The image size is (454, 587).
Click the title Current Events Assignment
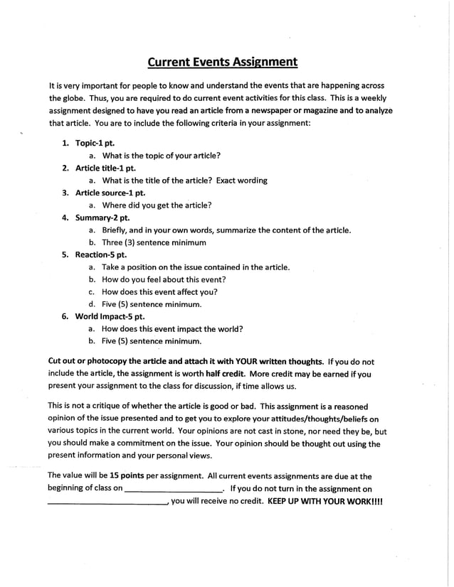(222, 62)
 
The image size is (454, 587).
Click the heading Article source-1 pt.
(110, 193)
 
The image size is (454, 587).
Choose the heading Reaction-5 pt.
(101, 254)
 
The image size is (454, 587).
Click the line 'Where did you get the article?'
(157, 205)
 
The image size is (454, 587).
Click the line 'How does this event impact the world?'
(172, 329)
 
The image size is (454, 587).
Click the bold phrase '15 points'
(125, 476)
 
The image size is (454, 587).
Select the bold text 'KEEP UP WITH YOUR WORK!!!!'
(325, 500)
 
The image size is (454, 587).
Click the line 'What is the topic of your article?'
(161, 156)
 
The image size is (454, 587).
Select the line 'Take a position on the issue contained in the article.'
(196, 267)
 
